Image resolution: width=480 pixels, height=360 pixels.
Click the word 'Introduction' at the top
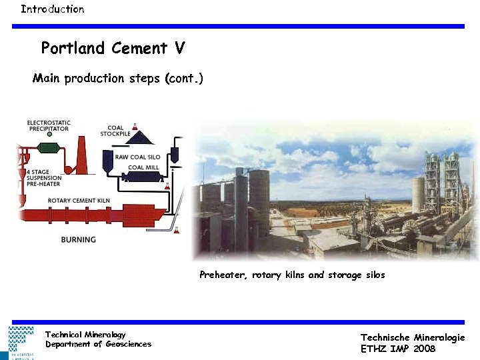52,9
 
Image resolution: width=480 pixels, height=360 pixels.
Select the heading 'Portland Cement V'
113,49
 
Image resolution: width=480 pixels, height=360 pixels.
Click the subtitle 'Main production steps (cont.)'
118,79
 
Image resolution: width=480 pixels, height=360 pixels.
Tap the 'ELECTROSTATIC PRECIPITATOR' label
49,126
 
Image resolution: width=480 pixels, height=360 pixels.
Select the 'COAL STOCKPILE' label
114,131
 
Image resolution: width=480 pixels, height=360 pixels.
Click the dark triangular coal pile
142,139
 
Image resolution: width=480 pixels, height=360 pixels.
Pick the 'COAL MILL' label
144,167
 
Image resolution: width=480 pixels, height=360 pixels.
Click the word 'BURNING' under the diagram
79,239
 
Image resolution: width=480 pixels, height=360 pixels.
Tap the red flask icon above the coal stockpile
135,125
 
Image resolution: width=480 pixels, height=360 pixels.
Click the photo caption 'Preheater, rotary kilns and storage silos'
292,275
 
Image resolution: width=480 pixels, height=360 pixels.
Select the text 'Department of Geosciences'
98,344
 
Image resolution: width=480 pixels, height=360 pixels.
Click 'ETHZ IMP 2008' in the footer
397,348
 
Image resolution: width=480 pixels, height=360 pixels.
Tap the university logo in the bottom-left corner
21,342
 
